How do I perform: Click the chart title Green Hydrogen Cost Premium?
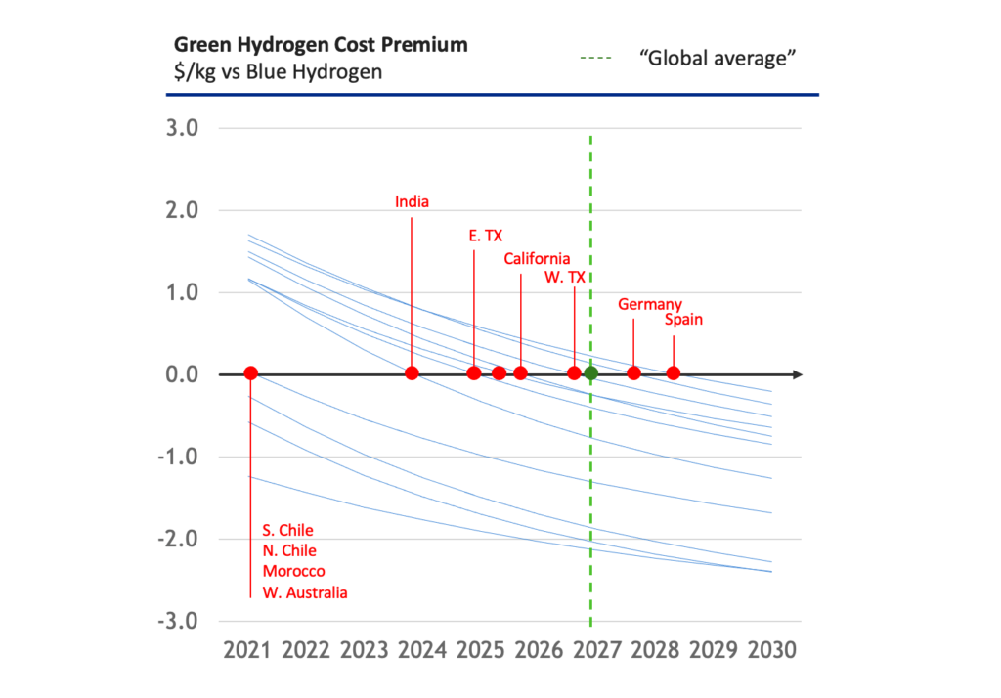pos(320,45)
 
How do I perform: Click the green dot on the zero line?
pos(590,372)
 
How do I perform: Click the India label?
pos(412,201)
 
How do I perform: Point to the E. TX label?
pos(485,236)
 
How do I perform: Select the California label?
pos(537,259)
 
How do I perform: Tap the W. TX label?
pos(565,278)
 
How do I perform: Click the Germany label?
pos(650,304)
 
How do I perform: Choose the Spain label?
pos(683,320)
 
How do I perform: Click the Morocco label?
pos(293,571)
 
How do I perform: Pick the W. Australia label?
pos(305,592)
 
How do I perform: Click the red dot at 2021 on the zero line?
pos(250,372)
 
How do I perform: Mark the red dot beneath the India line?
pos(412,372)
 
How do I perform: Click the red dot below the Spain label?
pos(673,372)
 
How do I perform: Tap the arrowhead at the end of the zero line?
pos(798,373)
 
